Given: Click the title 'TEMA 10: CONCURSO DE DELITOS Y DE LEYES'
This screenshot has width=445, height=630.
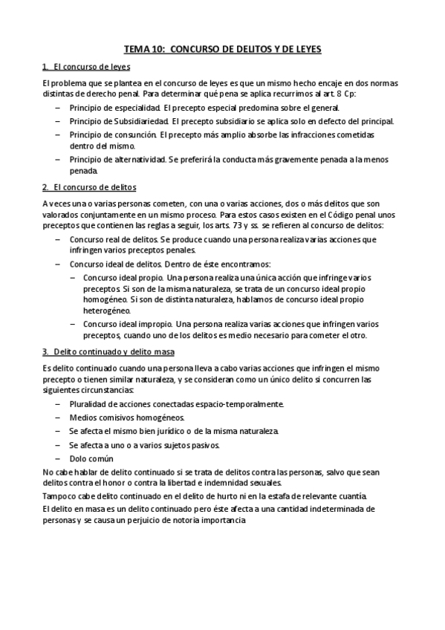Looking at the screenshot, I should pyautogui.click(x=222, y=49).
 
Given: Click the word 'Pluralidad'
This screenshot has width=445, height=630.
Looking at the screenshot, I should pyautogui.click(x=88, y=403).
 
